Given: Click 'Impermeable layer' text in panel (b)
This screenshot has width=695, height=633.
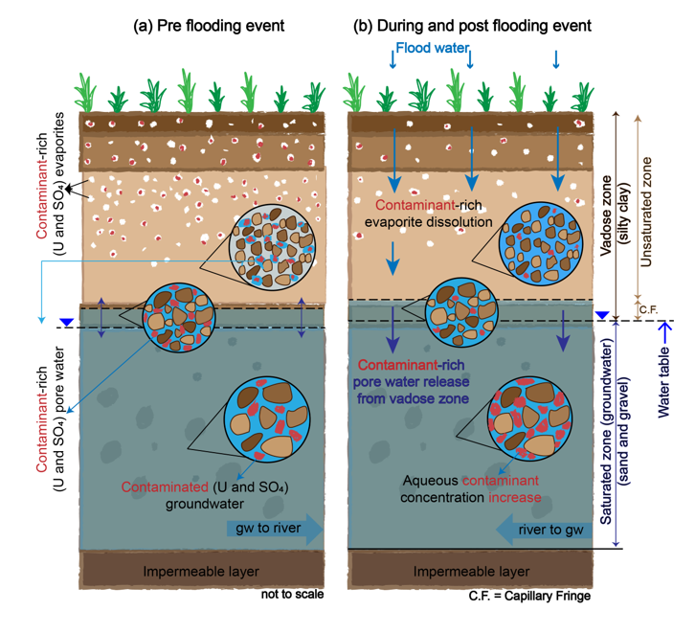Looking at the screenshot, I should tap(470, 572).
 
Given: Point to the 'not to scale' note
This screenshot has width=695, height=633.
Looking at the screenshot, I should tap(292, 595).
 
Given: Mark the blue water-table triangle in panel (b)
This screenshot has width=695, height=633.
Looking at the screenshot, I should tap(601, 315).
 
